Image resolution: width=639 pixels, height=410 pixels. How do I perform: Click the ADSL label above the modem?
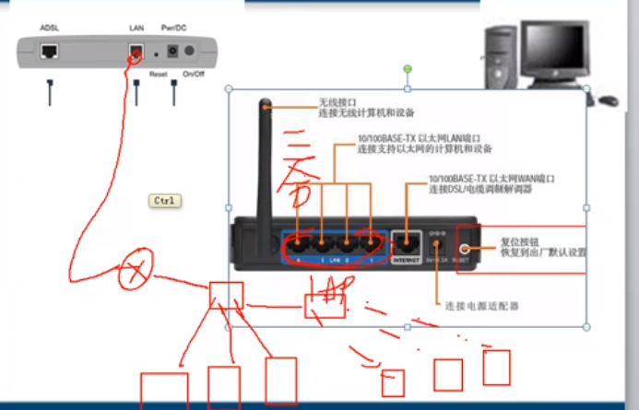[x=50, y=29]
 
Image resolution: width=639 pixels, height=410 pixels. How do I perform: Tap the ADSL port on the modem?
[x=50, y=52]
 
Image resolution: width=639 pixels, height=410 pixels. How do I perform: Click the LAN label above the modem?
[x=136, y=29]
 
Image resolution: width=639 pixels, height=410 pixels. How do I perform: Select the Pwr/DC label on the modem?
[x=173, y=29]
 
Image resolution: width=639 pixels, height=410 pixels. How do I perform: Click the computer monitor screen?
[x=557, y=48]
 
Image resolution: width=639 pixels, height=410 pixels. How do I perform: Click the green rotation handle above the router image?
[x=407, y=69]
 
